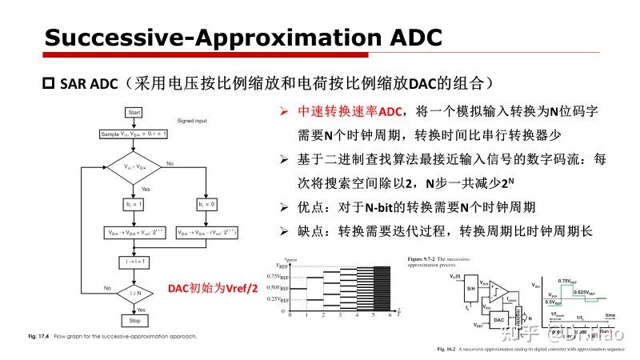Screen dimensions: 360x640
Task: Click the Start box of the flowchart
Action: point(135,112)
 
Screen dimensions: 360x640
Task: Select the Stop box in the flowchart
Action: point(134,320)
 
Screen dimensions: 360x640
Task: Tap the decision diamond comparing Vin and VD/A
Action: point(135,166)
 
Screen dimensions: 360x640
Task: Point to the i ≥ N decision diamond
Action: point(135,293)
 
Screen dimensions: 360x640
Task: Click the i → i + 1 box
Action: point(135,260)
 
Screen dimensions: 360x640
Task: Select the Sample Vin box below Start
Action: point(135,134)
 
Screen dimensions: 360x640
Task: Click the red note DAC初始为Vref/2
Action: point(213,288)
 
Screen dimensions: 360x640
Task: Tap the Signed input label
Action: point(192,120)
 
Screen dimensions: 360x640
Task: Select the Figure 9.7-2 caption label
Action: point(426,260)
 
